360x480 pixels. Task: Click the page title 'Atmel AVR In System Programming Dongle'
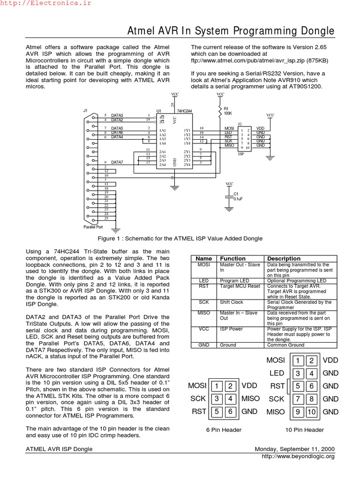(231, 31)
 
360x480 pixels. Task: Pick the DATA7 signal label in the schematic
(117, 162)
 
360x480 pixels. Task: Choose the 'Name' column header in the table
(204, 258)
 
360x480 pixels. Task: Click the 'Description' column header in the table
(284, 258)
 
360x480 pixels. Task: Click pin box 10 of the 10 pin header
(312, 412)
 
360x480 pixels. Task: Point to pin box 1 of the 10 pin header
(298, 360)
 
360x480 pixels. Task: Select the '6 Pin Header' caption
(224, 430)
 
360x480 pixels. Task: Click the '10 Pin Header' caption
(305, 430)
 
